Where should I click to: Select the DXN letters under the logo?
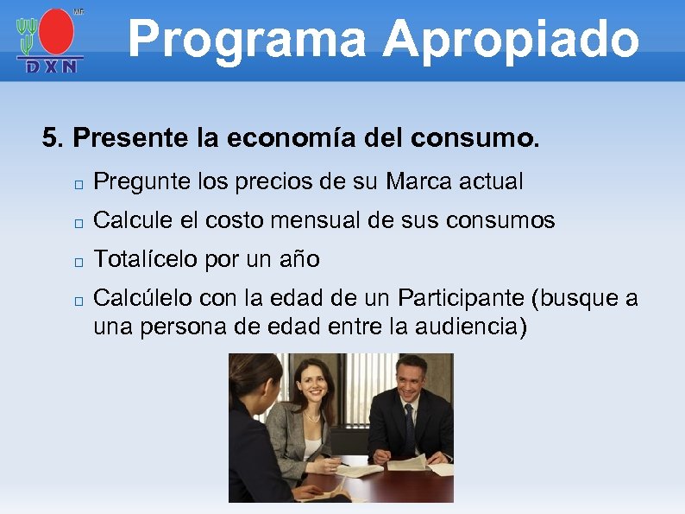(50, 66)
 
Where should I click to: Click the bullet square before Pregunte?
(78, 184)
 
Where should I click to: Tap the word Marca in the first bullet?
(414, 182)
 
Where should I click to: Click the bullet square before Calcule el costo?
(78, 223)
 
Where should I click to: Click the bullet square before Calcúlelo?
(78, 301)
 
